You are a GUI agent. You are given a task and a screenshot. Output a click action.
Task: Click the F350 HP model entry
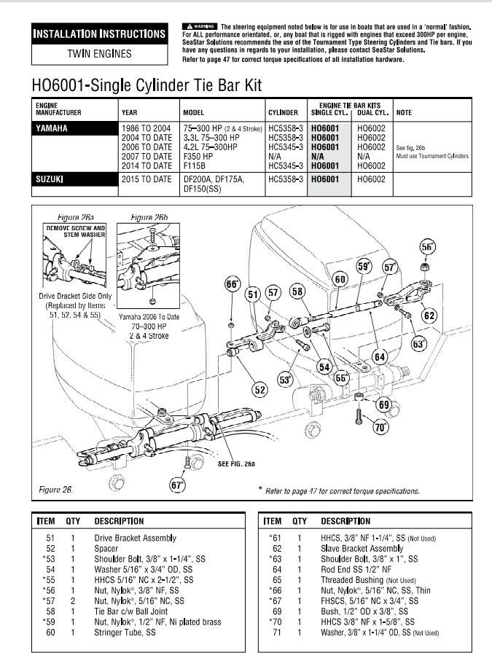199,157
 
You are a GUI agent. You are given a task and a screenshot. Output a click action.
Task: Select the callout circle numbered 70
380,428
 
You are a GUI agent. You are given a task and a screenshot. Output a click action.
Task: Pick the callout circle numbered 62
429,316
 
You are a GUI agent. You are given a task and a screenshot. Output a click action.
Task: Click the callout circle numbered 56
426,247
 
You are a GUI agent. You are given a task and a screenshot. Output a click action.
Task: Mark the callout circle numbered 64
380,356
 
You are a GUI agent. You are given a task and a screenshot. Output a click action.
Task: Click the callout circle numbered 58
297,292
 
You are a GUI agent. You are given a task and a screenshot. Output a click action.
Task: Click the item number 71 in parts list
277,632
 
